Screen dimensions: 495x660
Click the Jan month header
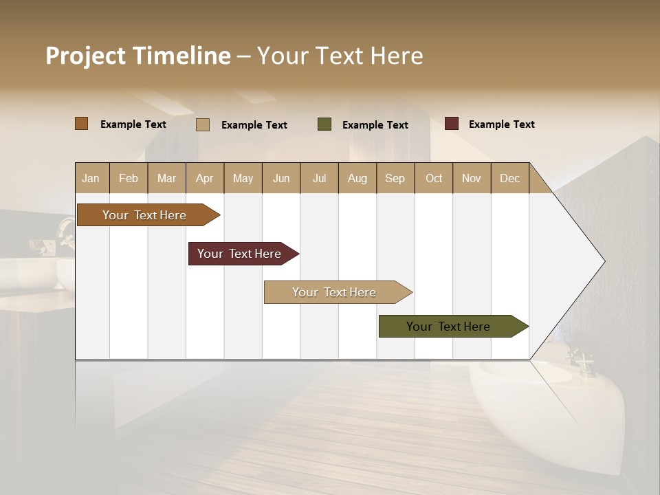click(x=91, y=178)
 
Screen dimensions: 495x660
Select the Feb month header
click(x=129, y=178)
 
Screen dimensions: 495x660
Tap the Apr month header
click(x=204, y=178)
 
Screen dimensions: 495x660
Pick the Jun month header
click(x=280, y=178)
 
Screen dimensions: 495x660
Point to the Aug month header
click(x=357, y=178)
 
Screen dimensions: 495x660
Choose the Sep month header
click(x=395, y=178)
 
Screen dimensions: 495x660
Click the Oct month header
click(x=434, y=178)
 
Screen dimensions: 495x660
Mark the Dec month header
click(x=509, y=178)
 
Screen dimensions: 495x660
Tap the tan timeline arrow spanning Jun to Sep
click(x=335, y=292)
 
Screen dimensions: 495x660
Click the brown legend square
click(x=82, y=124)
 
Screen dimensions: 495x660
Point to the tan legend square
click(x=203, y=124)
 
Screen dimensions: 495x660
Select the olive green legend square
click(x=324, y=124)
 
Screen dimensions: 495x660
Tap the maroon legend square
click(x=452, y=124)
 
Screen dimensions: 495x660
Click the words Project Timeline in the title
click(x=138, y=56)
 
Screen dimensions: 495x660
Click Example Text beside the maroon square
click(x=501, y=124)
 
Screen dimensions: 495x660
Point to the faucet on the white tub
click(x=580, y=362)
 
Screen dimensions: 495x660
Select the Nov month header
click(x=471, y=178)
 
